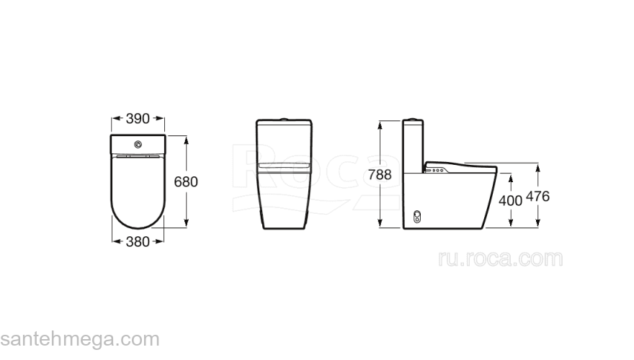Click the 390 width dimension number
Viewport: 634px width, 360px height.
[x=138, y=117]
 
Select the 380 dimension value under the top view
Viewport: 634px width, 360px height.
[x=138, y=242]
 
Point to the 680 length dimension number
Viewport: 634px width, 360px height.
[x=185, y=181]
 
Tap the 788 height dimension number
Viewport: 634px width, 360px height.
[x=380, y=174]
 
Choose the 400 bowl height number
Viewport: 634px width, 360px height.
[x=510, y=201]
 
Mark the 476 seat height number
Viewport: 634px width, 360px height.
[x=538, y=197]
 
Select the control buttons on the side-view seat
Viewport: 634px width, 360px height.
[x=437, y=171]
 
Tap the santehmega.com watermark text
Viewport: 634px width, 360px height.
[x=79, y=339]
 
